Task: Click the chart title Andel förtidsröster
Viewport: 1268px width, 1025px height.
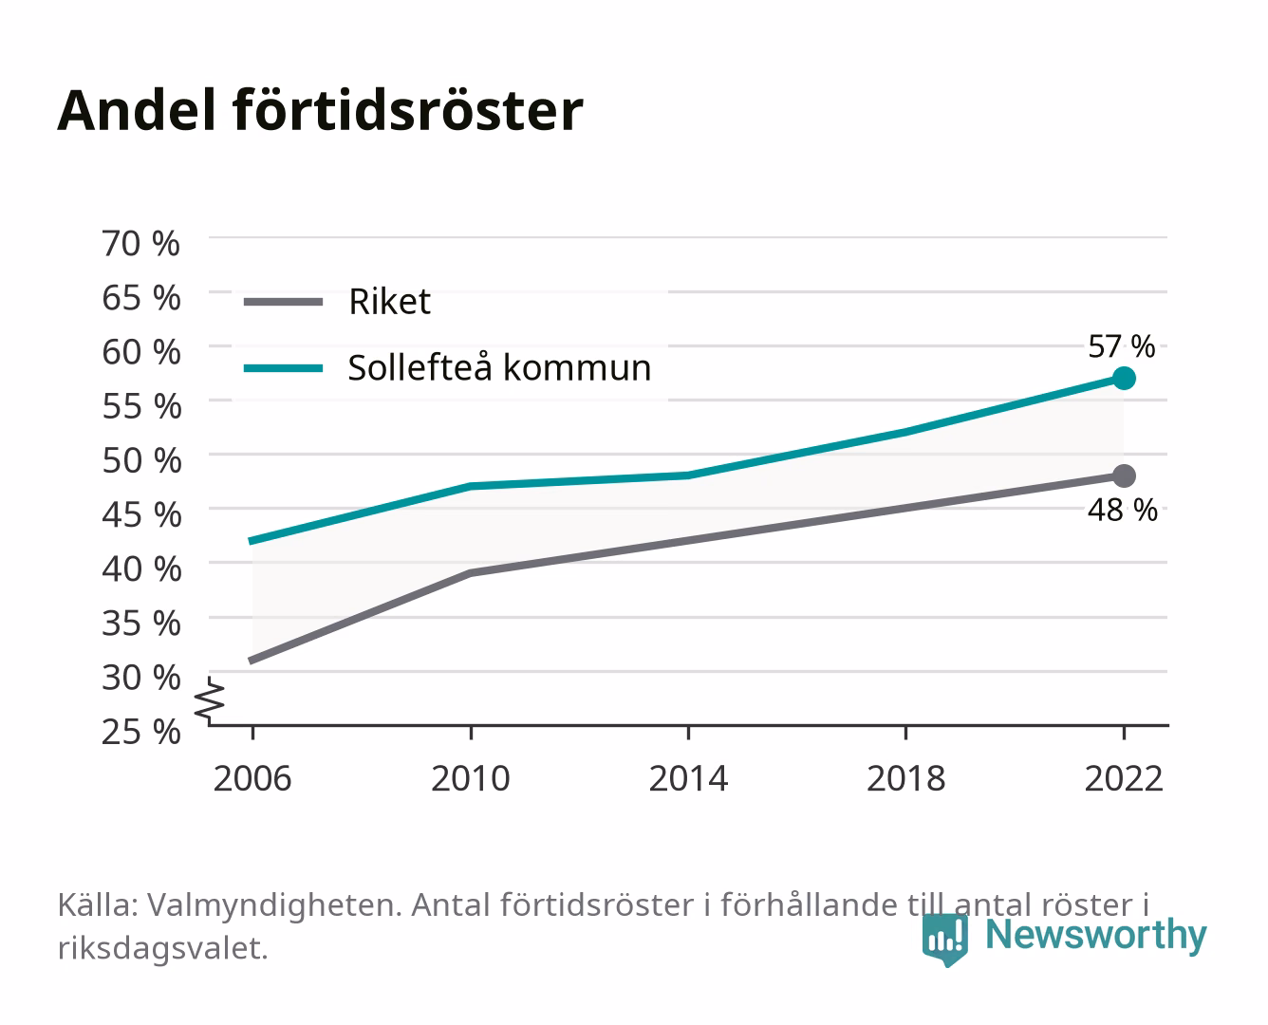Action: pos(320,110)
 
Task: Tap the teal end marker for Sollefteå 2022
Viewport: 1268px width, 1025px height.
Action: pos(1124,378)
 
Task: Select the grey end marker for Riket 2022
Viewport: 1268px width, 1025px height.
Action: pos(1124,475)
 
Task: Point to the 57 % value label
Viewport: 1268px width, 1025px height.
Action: pos(1122,346)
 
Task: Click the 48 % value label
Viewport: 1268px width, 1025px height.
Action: pos(1123,510)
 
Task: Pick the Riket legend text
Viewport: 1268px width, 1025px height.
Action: pos(389,302)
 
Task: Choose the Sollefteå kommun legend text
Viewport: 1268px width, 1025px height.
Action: pos(499,368)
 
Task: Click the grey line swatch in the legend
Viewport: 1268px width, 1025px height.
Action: pos(284,302)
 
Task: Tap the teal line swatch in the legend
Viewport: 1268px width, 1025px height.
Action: pos(284,368)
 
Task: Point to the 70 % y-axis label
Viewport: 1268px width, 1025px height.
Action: pos(140,244)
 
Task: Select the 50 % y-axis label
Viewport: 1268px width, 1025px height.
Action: pos(141,460)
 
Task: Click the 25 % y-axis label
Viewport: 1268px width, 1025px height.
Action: pos(141,732)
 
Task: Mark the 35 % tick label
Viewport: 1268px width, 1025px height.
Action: pos(141,624)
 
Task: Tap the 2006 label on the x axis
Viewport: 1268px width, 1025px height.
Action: pos(252,778)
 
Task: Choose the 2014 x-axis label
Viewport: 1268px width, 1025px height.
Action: pos(688,778)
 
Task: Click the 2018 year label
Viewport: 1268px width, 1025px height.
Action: pos(906,778)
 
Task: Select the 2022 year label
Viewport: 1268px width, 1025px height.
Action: pos(1124,778)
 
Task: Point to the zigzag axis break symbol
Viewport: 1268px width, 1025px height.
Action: pos(210,700)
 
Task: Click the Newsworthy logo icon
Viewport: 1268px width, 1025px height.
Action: pos(944,940)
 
